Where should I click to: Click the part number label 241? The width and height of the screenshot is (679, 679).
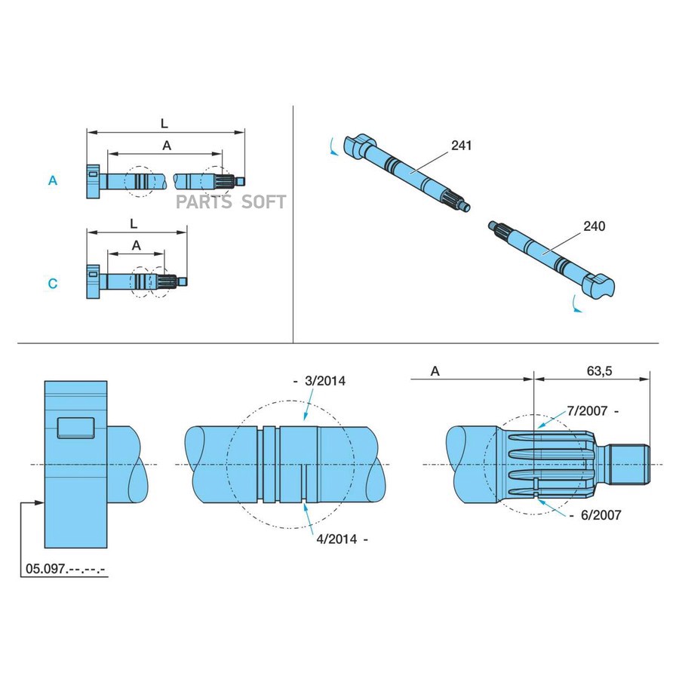coord(461,145)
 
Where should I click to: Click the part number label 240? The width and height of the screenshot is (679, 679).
coord(594,226)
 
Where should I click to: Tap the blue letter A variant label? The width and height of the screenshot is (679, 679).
coord(53,181)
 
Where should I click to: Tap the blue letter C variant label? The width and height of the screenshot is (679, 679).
coord(53,284)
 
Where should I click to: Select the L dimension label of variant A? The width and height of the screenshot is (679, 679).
coord(164,122)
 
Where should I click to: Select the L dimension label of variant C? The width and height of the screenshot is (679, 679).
coord(134,224)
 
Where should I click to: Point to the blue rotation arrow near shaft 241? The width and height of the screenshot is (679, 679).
coord(333,146)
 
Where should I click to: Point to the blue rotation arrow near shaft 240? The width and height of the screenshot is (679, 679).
coord(577,305)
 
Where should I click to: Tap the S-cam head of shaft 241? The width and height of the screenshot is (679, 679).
coord(360,144)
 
